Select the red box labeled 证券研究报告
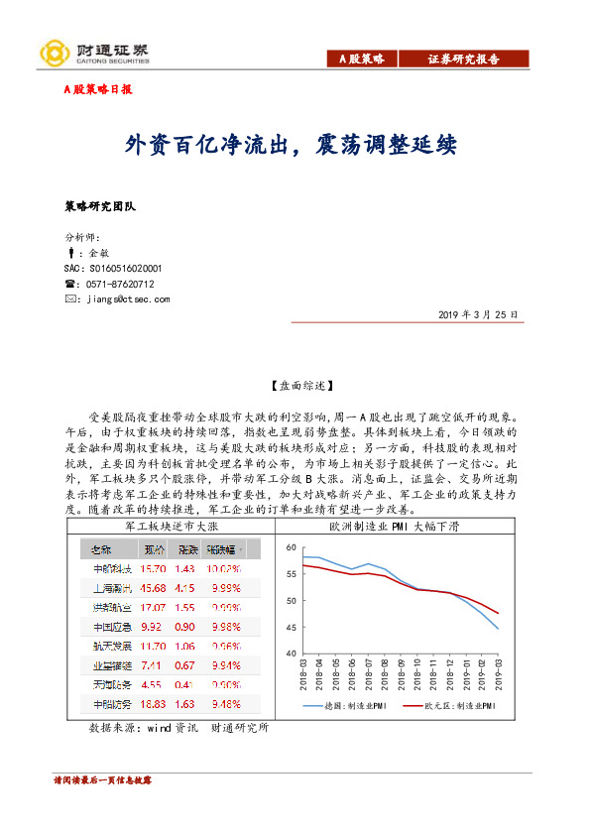point(463,60)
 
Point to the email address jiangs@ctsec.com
point(128,298)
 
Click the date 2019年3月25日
point(477,314)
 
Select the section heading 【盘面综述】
point(295,384)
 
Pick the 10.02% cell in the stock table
point(224,569)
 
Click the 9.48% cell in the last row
point(224,703)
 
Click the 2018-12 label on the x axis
point(449,676)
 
